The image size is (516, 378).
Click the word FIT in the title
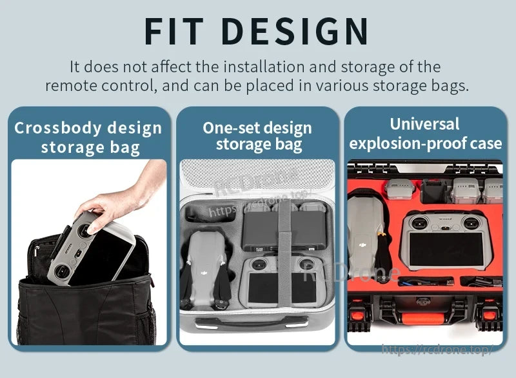[x=174, y=31]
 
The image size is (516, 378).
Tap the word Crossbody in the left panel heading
[x=58, y=128]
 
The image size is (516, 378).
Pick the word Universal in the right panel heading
[x=424, y=124]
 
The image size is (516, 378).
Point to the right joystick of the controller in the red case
[x=471, y=223]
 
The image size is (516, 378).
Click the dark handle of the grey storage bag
[x=252, y=323]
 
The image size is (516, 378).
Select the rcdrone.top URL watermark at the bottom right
[x=437, y=350]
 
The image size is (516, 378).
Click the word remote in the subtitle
[x=71, y=86]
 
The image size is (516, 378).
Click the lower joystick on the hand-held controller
[x=61, y=272]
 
